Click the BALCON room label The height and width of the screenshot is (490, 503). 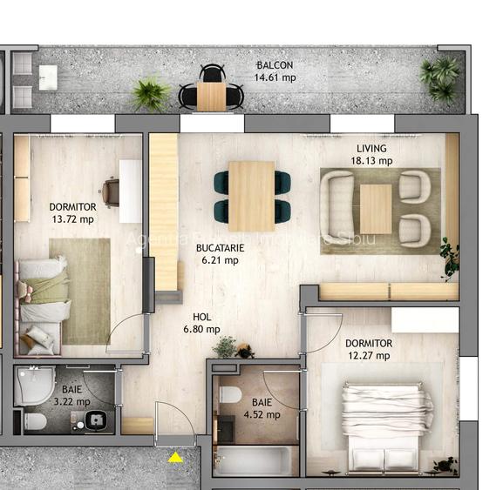[275, 65]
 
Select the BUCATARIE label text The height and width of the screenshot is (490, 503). [219, 248]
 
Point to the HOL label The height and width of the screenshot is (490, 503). [201, 318]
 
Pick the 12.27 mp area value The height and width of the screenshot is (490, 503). [368, 356]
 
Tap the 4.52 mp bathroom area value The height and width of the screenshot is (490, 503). [262, 415]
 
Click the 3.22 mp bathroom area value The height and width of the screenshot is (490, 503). [71, 402]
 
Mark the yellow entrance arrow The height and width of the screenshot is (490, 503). [176, 457]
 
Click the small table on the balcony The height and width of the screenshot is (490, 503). [211, 95]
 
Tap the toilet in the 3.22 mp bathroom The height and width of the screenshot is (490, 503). [36, 423]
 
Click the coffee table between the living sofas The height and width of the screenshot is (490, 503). [376, 209]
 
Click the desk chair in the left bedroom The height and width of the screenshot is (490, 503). [111, 191]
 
